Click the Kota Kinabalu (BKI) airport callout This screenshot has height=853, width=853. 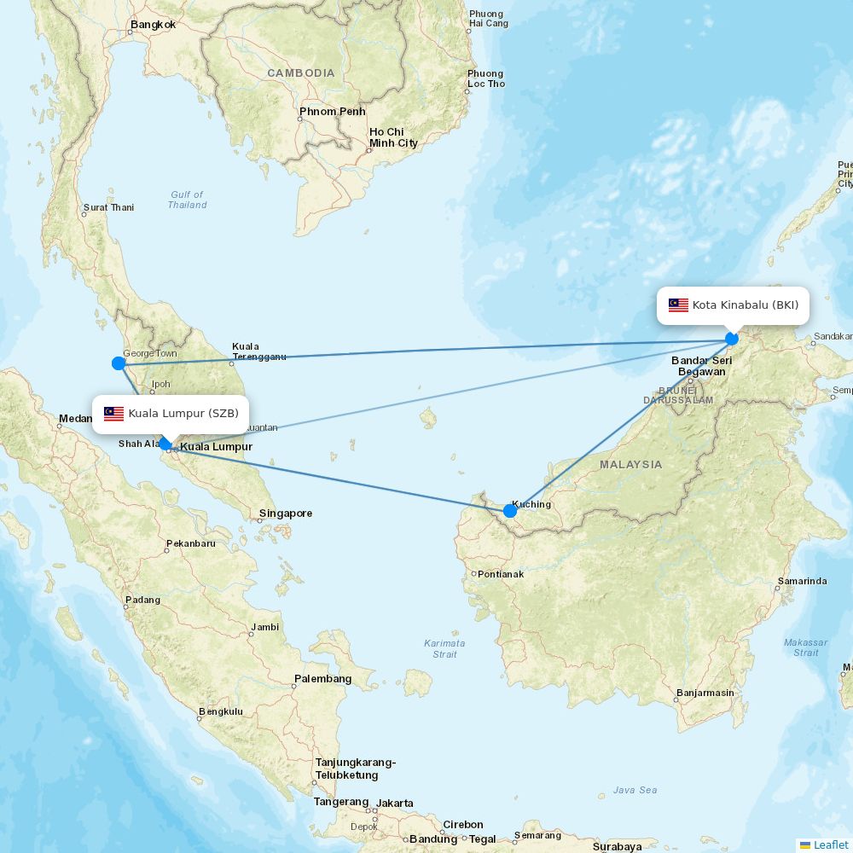point(733,305)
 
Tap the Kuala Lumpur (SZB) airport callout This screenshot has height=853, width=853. point(171,415)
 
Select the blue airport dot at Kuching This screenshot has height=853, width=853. point(510,511)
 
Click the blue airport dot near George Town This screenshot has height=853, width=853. point(119,363)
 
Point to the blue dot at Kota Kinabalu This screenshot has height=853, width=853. point(732,339)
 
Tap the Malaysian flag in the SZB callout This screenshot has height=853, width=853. point(114,415)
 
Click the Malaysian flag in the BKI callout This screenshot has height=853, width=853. point(678,305)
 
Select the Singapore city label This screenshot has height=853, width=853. point(286,514)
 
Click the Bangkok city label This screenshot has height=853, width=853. point(154,25)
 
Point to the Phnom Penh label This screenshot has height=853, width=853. point(332,112)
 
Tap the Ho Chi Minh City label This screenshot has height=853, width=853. point(393,137)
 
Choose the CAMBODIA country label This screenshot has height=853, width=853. point(301,73)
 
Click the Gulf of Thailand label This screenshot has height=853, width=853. point(187,200)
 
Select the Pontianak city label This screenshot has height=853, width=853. point(500,574)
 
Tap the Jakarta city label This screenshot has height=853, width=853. point(395,804)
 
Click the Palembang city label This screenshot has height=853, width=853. point(322,679)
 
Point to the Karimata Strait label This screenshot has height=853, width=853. point(444,648)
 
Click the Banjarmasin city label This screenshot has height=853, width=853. point(705,693)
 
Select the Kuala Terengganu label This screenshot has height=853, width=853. point(258,351)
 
